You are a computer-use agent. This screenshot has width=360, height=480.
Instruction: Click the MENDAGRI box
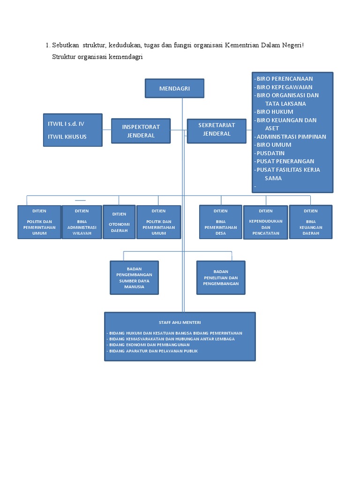click(174, 88)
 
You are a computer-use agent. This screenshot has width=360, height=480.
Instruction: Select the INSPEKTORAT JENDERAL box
click(141, 131)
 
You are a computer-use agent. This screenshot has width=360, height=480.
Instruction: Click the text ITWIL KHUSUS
click(67, 137)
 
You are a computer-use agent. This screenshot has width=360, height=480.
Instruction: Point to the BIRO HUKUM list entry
click(275, 112)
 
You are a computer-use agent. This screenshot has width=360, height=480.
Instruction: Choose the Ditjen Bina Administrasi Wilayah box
click(82, 222)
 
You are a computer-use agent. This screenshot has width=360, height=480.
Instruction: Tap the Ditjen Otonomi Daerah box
click(119, 222)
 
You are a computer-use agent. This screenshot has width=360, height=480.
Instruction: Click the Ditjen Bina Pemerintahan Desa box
click(220, 222)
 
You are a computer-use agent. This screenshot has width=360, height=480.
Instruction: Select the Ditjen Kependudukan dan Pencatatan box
click(265, 223)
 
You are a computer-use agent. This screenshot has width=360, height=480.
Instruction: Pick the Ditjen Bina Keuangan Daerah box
click(310, 222)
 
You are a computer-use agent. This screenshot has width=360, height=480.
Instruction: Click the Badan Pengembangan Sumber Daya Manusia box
click(134, 277)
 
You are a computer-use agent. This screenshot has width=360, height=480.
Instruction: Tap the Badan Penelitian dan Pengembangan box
click(221, 277)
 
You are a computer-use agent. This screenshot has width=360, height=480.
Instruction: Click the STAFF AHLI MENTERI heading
click(180, 322)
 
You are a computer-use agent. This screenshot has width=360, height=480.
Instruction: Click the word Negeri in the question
click(290, 45)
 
